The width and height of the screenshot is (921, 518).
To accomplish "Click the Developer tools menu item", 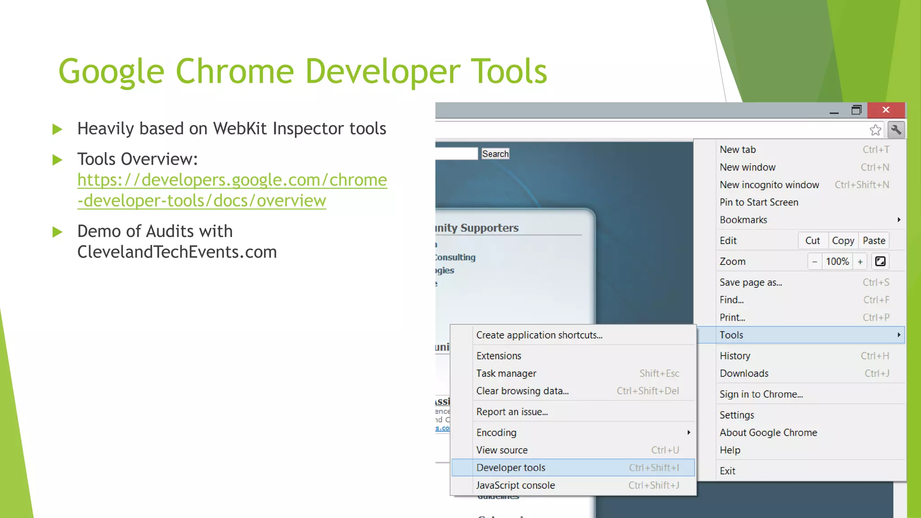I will tap(511, 468).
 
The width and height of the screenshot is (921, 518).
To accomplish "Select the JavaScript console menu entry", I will tap(515, 485).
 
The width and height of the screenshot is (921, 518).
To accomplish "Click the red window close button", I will tap(885, 110).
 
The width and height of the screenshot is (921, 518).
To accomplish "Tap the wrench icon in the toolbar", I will tap(896, 130).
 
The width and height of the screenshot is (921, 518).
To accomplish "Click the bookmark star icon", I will tap(875, 130).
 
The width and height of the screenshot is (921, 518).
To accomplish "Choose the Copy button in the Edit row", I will tap(843, 241).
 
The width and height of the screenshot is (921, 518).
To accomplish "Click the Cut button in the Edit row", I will tap(812, 241).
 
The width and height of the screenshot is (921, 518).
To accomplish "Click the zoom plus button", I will tap(860, 262).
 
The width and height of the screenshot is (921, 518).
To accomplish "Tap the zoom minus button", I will tap(814, 262).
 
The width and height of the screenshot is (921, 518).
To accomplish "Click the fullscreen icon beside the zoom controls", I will tap(880, 261).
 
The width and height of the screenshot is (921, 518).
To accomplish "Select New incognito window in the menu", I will tap(769, 185).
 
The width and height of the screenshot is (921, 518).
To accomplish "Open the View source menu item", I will tap(502, 450).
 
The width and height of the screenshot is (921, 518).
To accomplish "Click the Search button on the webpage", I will tap(495, 154).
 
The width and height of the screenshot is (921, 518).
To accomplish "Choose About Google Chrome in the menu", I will tap(768, 433).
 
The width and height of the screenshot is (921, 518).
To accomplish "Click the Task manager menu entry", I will tap(506, 373).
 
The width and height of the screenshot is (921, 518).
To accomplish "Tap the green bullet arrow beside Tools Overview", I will tap(57, 160).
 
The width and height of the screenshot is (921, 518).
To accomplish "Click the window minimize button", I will tap(834, 111).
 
